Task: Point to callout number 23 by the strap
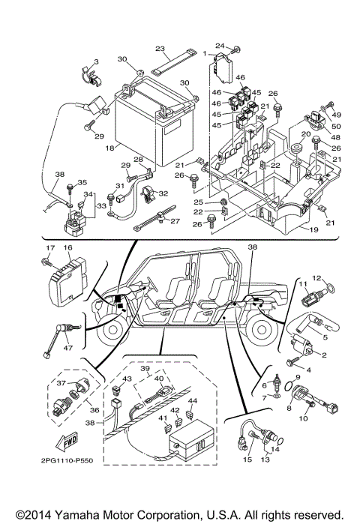[x=159, y=47]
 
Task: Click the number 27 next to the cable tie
[x=175, y=221]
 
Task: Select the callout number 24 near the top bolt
[x=220, y=46]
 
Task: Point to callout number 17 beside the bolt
[x=51, y=248]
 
